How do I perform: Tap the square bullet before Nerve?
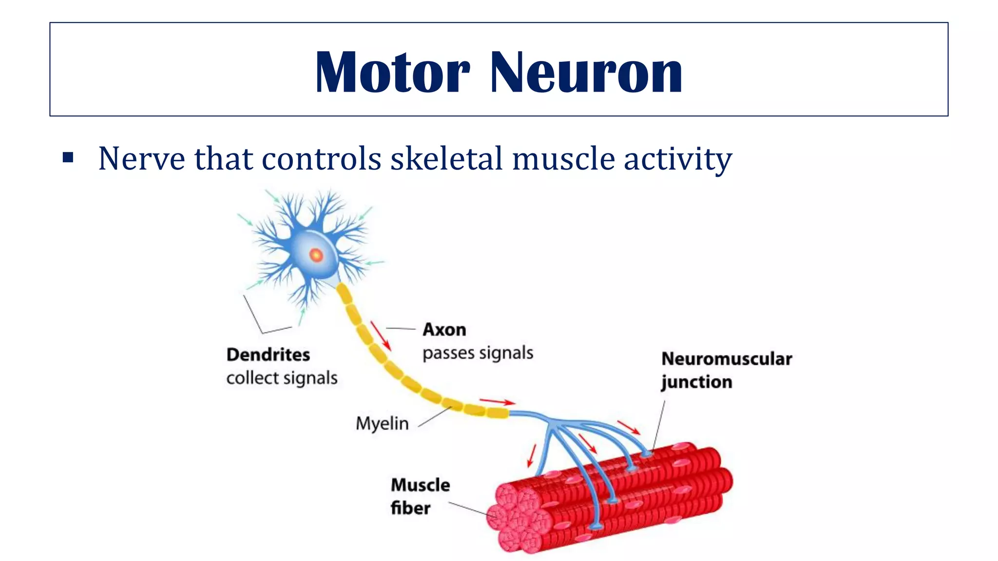68,157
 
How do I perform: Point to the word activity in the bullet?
678,160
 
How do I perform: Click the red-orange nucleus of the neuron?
316,255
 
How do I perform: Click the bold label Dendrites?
268,355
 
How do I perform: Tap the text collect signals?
282,378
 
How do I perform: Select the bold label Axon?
444,330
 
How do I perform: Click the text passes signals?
478,353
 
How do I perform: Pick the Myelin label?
382,424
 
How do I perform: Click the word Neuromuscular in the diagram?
727,359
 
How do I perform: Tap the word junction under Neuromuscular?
697,382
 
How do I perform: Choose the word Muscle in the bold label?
421,485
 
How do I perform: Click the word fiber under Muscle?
411,508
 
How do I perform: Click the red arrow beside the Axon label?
381,336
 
